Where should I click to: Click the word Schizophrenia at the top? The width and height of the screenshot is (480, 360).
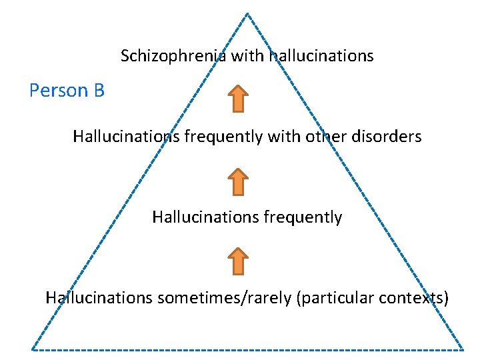174,56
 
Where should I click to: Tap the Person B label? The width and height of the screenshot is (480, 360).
67,91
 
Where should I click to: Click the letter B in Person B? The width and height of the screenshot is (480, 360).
99,91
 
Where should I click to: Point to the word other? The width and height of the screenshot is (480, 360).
323,137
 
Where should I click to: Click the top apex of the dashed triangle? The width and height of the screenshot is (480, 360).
247,14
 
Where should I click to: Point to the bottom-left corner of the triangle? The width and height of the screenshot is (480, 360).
33,349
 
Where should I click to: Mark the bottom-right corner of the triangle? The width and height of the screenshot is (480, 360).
462,349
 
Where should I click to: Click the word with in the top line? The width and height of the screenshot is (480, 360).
248,56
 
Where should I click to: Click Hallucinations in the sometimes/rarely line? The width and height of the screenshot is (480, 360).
99,298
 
